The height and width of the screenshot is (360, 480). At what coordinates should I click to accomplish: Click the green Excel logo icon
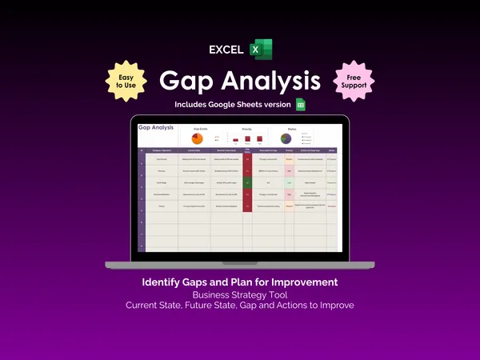[262, 49]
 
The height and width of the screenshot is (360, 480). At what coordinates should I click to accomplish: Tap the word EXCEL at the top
[226, 50]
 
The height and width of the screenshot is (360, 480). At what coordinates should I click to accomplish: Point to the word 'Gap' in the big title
[190, 81]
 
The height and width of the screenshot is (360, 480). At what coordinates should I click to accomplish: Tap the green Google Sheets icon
[302, 105]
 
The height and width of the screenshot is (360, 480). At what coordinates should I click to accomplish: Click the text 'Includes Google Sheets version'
[233, 105]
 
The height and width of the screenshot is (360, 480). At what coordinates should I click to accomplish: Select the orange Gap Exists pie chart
[197, 138]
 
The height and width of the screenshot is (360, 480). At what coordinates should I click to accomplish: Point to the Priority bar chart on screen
[247, 140]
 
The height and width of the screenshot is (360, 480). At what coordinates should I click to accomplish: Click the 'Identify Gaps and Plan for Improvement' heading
[240, 282]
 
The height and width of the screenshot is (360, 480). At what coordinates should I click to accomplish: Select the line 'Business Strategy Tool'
[240, 294]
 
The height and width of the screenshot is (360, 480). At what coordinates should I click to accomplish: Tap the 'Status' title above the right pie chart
[292, 127]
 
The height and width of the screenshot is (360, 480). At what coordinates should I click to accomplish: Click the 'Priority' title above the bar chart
[246, 127]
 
